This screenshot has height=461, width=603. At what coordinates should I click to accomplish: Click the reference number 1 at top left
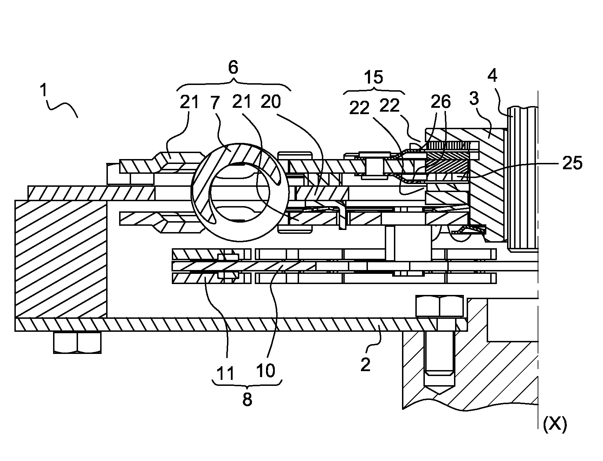tap(43, 91)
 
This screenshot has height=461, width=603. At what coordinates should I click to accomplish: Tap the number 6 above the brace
tap(233, 67)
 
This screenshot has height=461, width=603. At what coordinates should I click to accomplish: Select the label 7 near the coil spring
tap(215, 103)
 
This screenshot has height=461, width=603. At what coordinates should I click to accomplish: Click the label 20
tap(271, 102)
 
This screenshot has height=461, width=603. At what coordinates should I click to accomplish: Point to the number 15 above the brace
tap(373, 77)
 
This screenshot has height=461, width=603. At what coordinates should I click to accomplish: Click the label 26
tap(440, 102)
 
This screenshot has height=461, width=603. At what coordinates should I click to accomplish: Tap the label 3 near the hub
tap(474, 99)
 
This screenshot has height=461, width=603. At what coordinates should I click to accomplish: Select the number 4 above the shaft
tap(493, 76)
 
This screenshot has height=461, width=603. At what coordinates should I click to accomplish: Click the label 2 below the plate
tap(365, 365)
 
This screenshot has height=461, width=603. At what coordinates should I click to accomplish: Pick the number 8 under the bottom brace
tap(247, 399)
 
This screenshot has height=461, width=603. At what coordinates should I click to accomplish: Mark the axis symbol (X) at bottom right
tap(555, 425)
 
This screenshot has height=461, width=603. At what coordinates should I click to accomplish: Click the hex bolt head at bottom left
tap(77, 342)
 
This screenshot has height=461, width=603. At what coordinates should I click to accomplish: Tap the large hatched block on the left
tap(60, 259)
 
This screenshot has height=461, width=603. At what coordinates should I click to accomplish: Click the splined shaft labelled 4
tap(523, 179)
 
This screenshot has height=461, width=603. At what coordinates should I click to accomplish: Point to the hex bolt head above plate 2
tap(439, 306)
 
